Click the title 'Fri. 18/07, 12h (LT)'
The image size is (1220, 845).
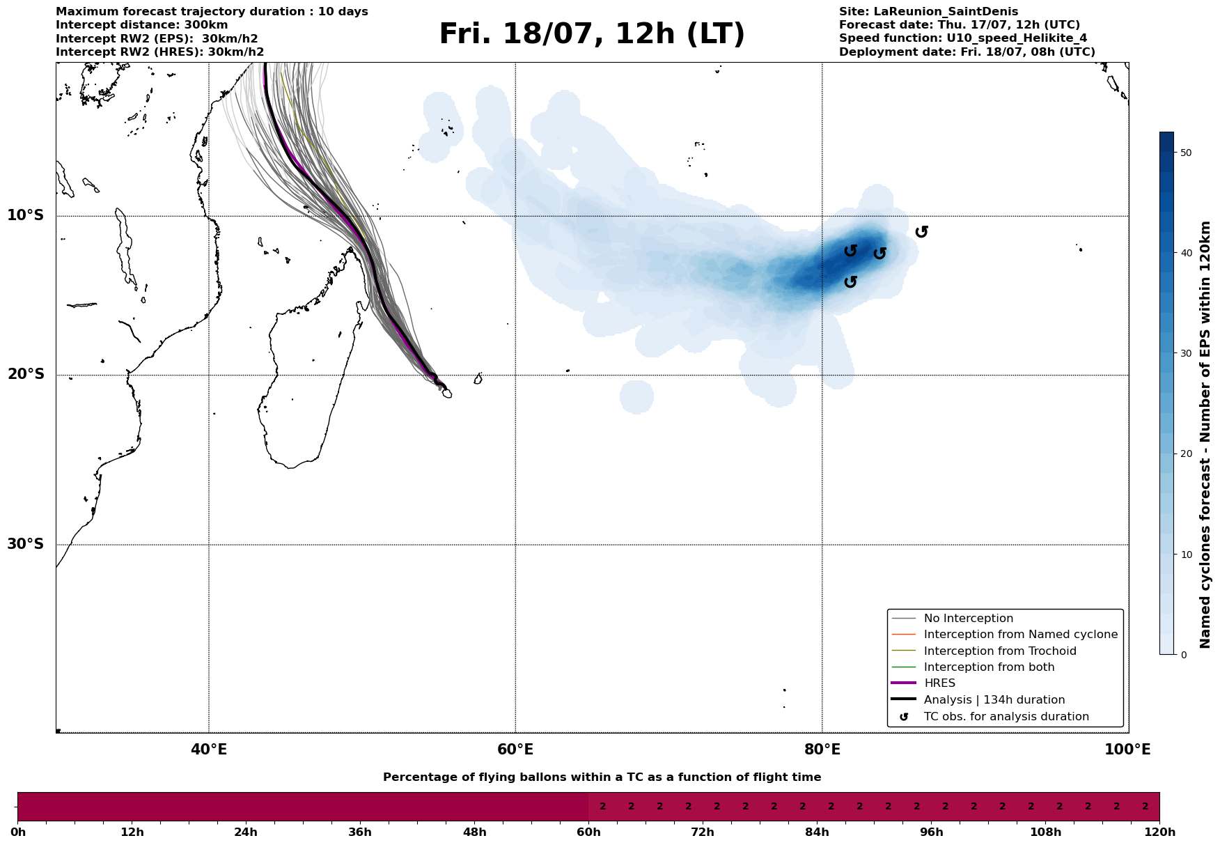tap(592, 34)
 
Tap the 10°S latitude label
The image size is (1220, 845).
tap(26, 215)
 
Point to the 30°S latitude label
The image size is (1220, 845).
tap(26, 544)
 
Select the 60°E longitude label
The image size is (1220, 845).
tap(515, 750)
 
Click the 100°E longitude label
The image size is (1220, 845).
tap(1127, 750)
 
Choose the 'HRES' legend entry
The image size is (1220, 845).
tap(939, 683)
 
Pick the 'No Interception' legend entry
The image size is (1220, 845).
tap(968, 619)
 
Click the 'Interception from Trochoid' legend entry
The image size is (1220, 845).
tap(999, 651)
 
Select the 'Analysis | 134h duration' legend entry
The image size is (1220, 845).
tap(994, 700)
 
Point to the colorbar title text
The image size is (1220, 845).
tap(1206, 435)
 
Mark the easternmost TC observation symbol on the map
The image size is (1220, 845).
tap(921, 231)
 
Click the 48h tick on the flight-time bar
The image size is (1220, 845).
tap(474, 832)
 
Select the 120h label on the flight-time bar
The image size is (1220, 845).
tap(1159, 832)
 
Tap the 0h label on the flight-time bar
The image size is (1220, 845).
tap(18, 832)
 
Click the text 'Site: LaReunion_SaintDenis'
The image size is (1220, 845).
tap(928, 12)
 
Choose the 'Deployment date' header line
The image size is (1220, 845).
tap(967, 52)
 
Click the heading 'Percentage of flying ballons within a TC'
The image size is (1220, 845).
tap(602, 777)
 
